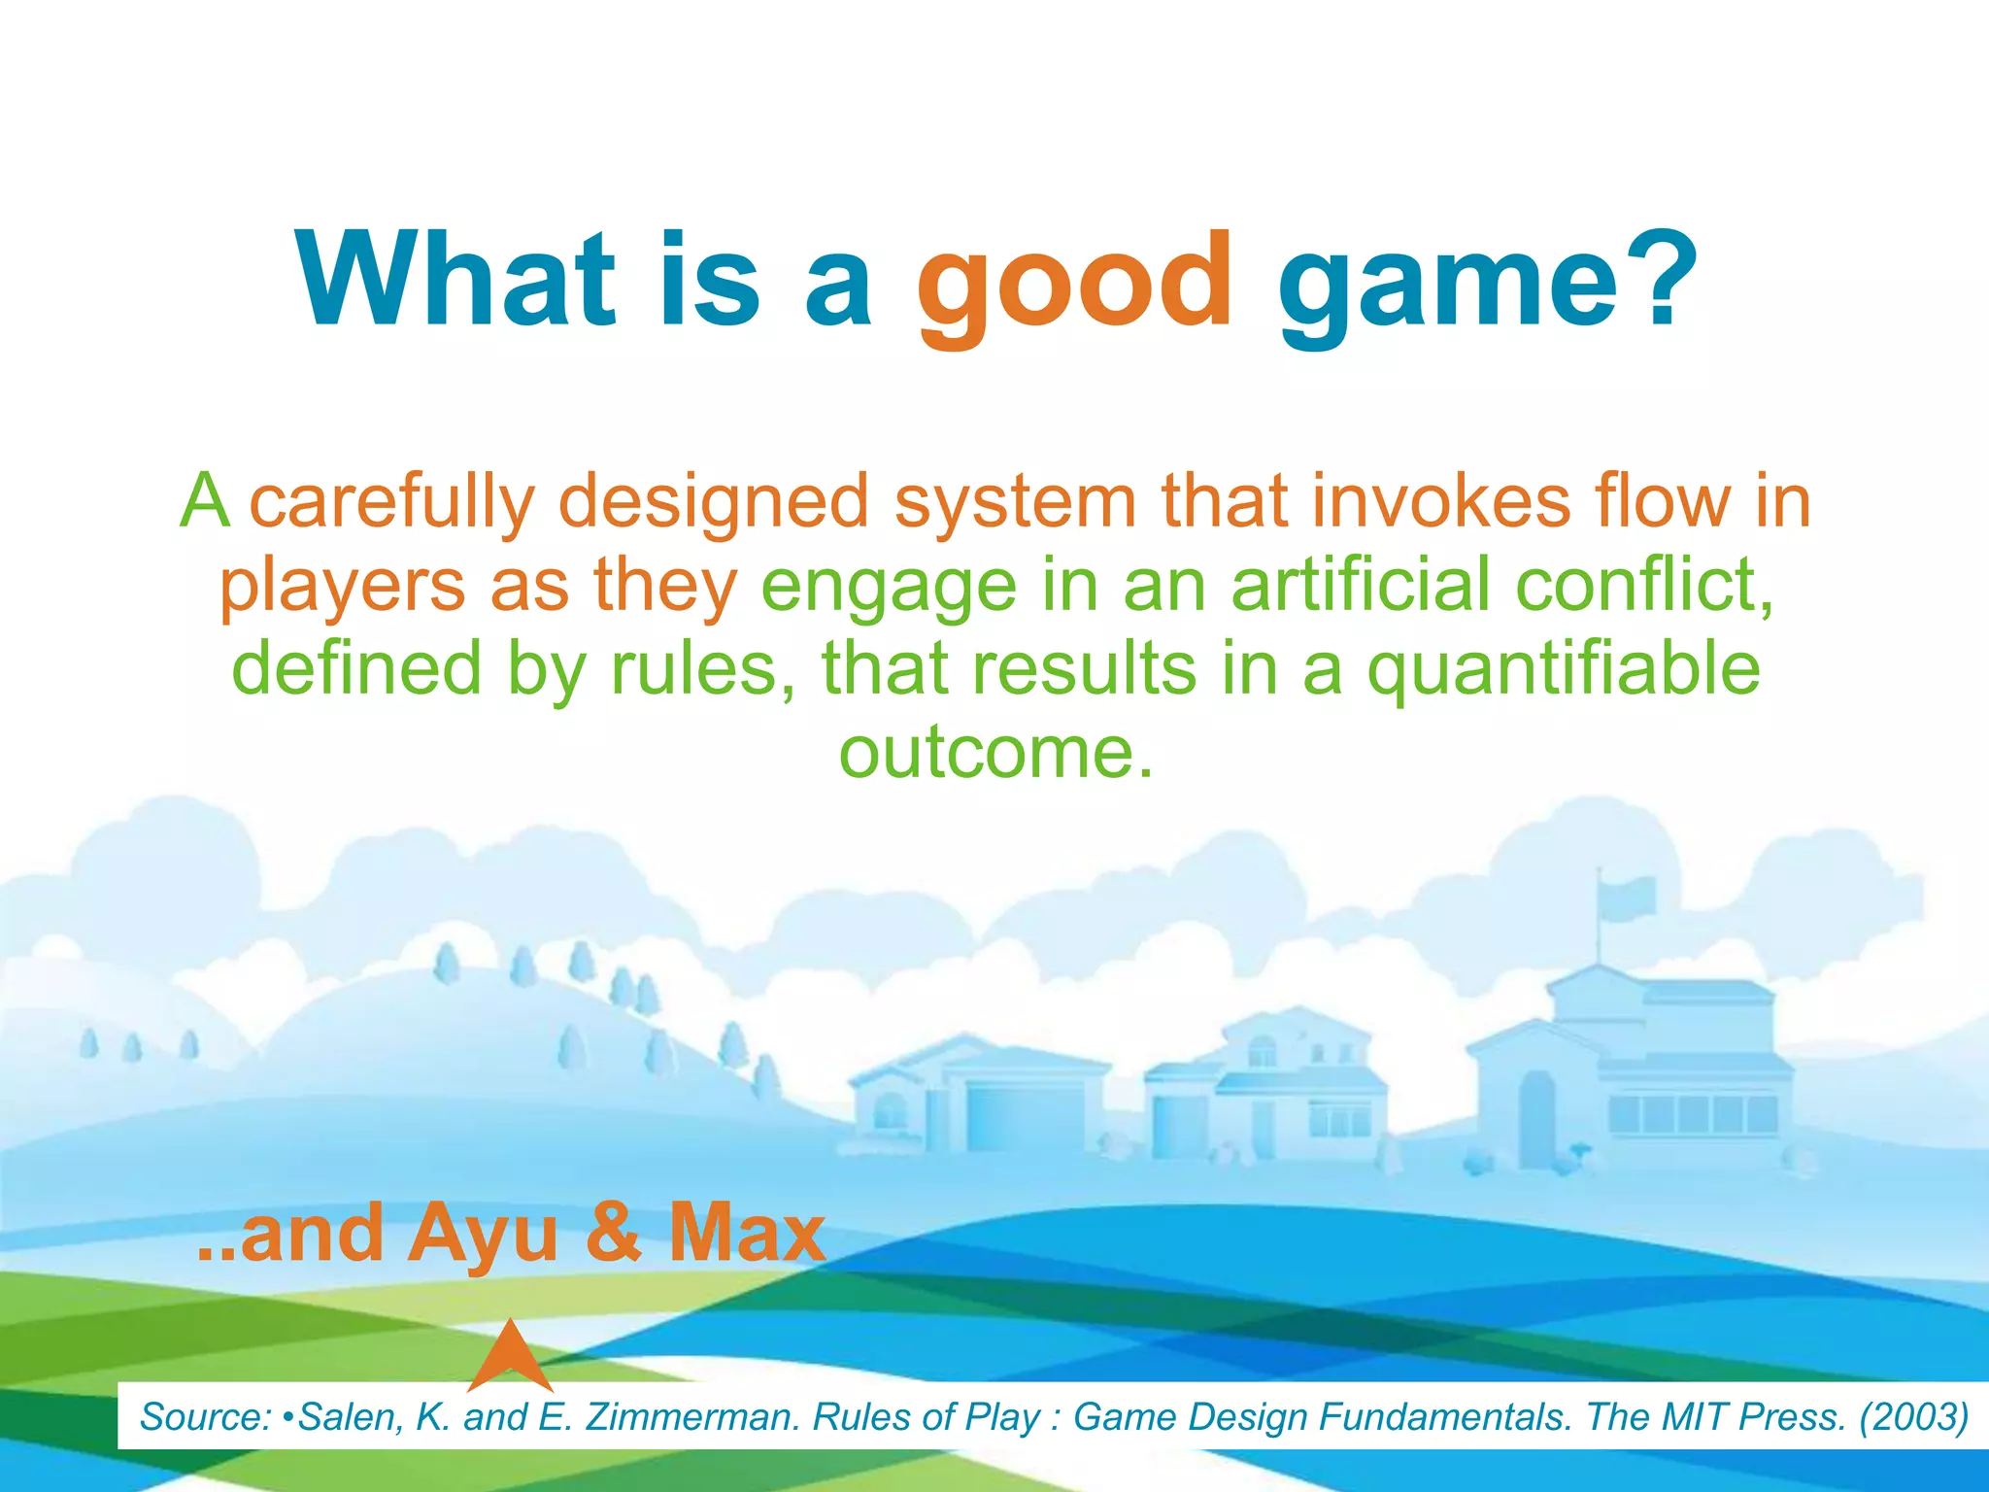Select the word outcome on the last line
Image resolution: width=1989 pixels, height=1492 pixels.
coord(995,753)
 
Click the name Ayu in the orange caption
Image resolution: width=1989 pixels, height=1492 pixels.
coord(483,1234)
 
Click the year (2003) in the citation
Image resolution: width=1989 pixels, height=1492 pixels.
coord(1912,1417)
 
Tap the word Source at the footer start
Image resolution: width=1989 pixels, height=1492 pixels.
coord(204,1417)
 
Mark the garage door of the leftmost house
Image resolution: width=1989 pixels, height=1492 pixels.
coord(1025,1119)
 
